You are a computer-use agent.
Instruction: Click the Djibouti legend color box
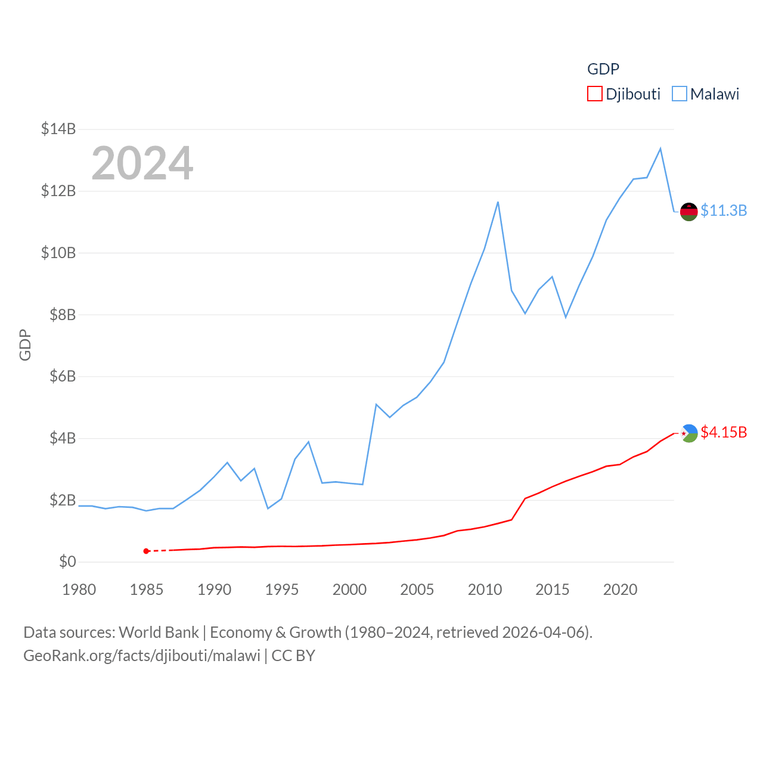[594, 94]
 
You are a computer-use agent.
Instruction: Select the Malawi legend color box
[679, 94]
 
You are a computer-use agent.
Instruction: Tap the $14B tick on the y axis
[58, 129]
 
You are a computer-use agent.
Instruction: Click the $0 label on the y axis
[67, 562]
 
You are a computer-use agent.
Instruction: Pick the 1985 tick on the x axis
[147, 590]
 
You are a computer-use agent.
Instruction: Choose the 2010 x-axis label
[485, 590]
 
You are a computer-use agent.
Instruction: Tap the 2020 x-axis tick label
[620, 590]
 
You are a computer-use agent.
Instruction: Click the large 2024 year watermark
[142, 163]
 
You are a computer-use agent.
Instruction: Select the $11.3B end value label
[724, 210]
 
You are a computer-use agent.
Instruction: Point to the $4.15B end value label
[724, 432]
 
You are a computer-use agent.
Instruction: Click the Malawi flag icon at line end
[689, 212]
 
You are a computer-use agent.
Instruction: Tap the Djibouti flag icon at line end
[689, 433]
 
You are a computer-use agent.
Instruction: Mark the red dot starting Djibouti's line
[146, 551]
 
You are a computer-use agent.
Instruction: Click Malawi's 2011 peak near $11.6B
[498, 202]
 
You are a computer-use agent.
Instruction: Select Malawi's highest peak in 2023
[660, 148]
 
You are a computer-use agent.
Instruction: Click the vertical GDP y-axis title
[25, 345]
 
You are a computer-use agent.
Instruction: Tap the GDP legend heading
[603, 69]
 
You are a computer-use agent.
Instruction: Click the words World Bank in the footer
[159, 632]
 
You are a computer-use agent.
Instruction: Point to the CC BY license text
[293, 656]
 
